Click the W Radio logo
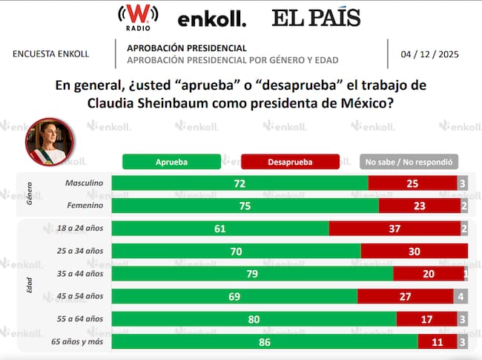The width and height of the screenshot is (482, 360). (x=136, y=17)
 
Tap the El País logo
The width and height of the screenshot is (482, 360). (x=316, y=18)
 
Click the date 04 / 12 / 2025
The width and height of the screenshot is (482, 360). (x=428, y=54)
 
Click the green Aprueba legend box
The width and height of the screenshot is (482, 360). (x=171, y=161)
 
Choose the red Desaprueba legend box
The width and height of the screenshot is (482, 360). (x=291, y=161)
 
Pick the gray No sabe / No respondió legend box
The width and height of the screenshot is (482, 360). (x=409, y=161)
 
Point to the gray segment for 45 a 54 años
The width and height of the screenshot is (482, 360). (x=460, y=296)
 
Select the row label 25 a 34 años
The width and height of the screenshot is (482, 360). (x=84, y=251)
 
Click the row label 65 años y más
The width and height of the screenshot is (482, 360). (x=79, y=341)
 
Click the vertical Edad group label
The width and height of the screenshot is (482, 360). (x=30, y=285)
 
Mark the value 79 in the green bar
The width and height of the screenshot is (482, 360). (x=252, y=274)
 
